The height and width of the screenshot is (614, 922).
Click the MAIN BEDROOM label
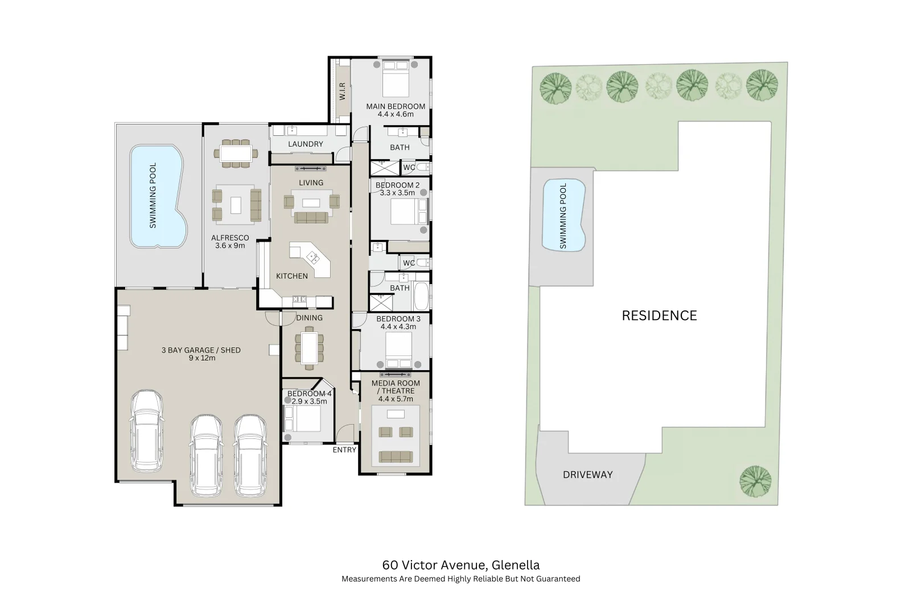[x=396, y=106]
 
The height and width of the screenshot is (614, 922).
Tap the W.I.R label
[x=343, y=92]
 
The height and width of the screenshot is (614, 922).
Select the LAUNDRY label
[x=306, y=144]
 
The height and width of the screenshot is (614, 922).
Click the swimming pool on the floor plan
[x=158, y=196]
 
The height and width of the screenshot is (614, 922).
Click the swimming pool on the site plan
[x=564, y=215]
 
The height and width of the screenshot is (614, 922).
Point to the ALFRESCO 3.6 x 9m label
[x=230, y=242]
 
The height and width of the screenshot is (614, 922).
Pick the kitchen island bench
[x=310, y=260]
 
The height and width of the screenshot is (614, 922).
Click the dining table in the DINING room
[x=309, y=348]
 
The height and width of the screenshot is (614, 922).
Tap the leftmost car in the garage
[x=147, y=431]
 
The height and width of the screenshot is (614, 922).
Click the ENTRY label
[x=344, y=450]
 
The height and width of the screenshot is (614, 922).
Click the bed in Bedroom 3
[x=399, y=350]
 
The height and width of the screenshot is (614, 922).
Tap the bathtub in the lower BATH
[x=421, y=296]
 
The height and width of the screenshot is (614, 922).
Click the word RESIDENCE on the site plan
[x=660, y=316]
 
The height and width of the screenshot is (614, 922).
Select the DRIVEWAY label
[x=588, y=475]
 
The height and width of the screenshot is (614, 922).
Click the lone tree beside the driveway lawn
[x=755, y=481]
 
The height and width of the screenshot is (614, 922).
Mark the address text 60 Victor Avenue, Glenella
[x=461, y=565]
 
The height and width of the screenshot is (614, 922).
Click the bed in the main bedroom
[x=396, y=78]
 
